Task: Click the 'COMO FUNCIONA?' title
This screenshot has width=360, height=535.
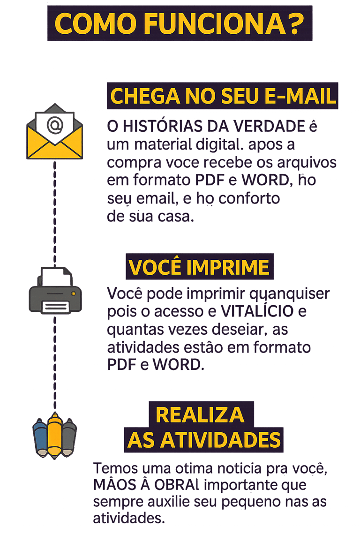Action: [x=180, y=23]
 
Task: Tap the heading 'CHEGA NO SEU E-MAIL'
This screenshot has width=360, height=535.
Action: [x=223, y=96]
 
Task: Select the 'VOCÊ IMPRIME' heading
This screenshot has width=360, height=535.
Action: [x=199, y=267]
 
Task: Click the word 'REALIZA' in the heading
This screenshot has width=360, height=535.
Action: [x=200, y=414]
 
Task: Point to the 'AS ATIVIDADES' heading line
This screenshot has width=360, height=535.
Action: [x=204, y=440]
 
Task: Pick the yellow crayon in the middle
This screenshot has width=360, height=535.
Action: [x=55, y=434]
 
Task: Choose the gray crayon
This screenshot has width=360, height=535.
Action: [x=68, y=435]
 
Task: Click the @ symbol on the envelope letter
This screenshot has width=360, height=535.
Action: [x=55, y=124]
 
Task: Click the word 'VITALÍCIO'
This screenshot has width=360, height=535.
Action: [x=257, y=311]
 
